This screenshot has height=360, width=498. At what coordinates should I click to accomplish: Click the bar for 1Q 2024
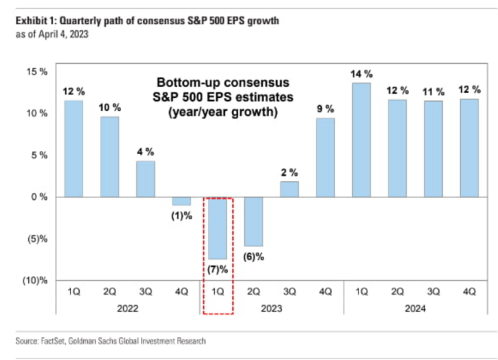(x=361, y=140)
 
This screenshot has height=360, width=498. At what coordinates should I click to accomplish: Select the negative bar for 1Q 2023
(x=218, y=228)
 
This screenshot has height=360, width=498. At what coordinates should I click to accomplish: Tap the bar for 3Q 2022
(x=145, y=179)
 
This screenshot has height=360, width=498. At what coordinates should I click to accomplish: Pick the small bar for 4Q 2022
(x=182, y=201)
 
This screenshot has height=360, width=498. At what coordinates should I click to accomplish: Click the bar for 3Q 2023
(x=290, y=189)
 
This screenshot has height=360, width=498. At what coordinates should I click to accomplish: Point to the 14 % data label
(x=361, y=74)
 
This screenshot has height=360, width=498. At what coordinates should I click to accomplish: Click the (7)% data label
(x=218, y=269)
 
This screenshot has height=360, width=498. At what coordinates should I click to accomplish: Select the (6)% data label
(x=253, y=257)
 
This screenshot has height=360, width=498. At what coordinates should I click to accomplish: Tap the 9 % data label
(x=325, y=109)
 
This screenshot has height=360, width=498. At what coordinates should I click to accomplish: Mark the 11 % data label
(x=433, y=92)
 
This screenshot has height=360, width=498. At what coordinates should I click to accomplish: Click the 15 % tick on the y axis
(x=37, y=72)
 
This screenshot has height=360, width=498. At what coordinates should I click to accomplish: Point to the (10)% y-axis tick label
(x=35, y=281)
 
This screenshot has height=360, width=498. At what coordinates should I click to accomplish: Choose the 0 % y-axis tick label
(x=40, y=197)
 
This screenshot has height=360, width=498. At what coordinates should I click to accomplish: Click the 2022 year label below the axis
(x=127, y=308)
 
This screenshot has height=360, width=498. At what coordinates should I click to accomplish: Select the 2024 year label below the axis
(x=415, y=308)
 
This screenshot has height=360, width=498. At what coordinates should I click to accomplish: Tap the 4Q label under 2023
(x=325, y=292)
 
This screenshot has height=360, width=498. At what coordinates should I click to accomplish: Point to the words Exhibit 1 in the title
(x=36, y=21)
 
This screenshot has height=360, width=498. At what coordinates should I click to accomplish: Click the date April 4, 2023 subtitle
(x=64, y=34)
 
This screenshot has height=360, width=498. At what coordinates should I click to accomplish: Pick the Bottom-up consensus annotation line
(x=223, y=82)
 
